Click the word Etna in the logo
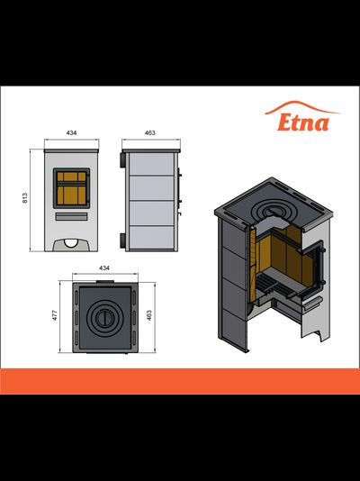(303, 123)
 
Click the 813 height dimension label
(25, 198)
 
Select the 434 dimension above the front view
(71, 132)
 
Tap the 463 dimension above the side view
(149, 132)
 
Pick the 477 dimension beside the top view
(55, 315)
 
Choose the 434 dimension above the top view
(104, 268)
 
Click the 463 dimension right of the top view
(149, 315)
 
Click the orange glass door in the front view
(71, 188)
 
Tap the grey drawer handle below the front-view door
(71, 216)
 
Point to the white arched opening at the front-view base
(71, 243)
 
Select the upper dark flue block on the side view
(122, 159)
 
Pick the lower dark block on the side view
(122, 240)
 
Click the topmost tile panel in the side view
(152, 164)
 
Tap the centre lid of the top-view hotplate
(104, 319)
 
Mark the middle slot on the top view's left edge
(76, 318)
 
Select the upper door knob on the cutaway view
(322, 250)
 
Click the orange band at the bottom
(180, 381)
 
